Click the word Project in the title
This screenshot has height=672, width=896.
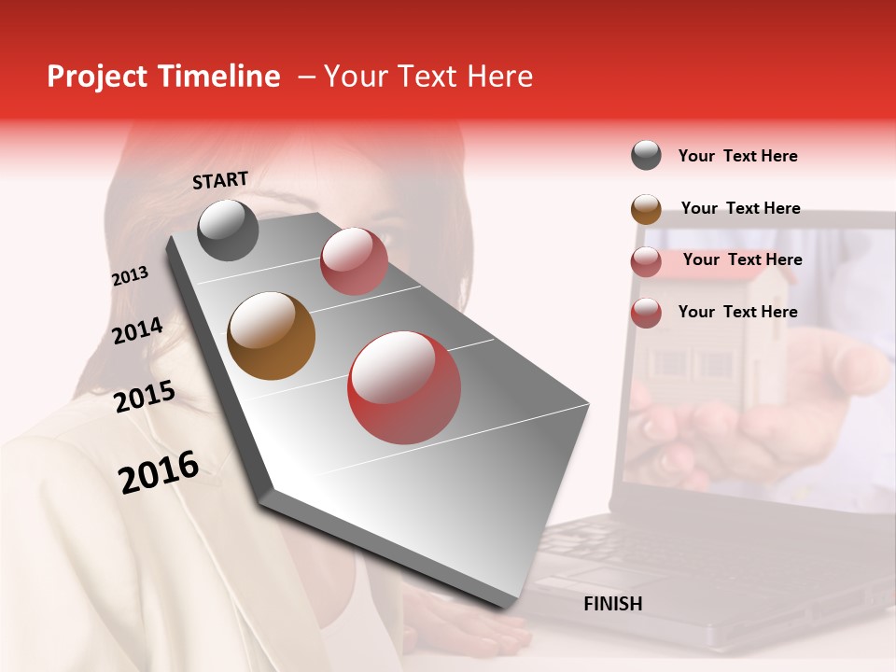96,77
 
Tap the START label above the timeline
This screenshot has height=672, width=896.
220,180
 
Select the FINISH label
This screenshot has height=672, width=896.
612,604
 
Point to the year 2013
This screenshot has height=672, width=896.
131,276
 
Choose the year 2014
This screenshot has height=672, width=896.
138,330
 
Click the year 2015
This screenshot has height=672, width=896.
145,397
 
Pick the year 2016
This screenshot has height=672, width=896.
159,472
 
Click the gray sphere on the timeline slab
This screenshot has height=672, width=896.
228,231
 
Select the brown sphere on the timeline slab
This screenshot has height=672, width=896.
272,336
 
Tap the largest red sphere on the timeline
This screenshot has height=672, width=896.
404,386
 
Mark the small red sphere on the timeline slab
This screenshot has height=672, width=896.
354,261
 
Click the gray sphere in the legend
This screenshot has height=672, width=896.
646,156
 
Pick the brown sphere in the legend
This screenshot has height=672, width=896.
646,209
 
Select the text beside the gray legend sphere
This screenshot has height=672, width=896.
737,156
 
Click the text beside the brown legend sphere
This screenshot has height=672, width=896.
740,208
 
